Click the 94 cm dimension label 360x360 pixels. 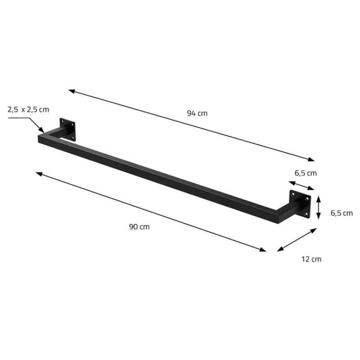(197, 113)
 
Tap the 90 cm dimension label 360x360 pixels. (139, 227)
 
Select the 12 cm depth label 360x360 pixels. (311, 259)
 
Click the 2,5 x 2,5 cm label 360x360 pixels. (28, 109)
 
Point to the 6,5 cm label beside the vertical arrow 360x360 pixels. (342, 213)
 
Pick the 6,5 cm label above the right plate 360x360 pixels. (306, 173)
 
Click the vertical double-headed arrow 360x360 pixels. (319, 207)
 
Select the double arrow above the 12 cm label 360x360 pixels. (297, 240)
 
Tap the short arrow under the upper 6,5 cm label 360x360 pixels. (301, 186)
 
